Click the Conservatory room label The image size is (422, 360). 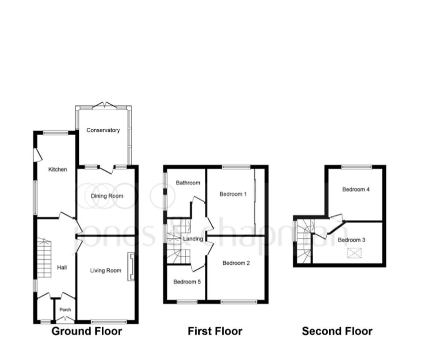click(x=103, y=130)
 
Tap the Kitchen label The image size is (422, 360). click(x=58, y=170)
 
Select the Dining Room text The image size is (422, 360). click(x=107, y=196)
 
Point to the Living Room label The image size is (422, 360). click(x=106, y=270)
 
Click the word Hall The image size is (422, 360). click(x=62, y=267)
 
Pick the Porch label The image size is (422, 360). click(x=65, y=310)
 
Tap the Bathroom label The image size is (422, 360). click(x=188, y=183)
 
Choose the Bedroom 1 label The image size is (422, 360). click(x=233, y=194)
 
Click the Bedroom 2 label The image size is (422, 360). click(x=236, y=263)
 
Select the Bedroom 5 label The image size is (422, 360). click(x=187, y=282)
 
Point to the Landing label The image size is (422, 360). click(x=193, y=239)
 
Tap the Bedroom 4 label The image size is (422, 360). click(x=356, y=189)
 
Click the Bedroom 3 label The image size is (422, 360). click(x=352, y=240)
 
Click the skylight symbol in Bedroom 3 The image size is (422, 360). click(x=355, y=253)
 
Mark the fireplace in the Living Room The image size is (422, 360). click(x=131, y=266)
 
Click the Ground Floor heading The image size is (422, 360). click(x=87, y=331)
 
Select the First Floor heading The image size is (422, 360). click(x=215, y=331)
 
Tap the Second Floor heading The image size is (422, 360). click(x=337, y=331)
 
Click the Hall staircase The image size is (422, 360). click(x=44, y=258)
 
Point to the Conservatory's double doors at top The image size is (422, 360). click(x=104, y=105)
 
